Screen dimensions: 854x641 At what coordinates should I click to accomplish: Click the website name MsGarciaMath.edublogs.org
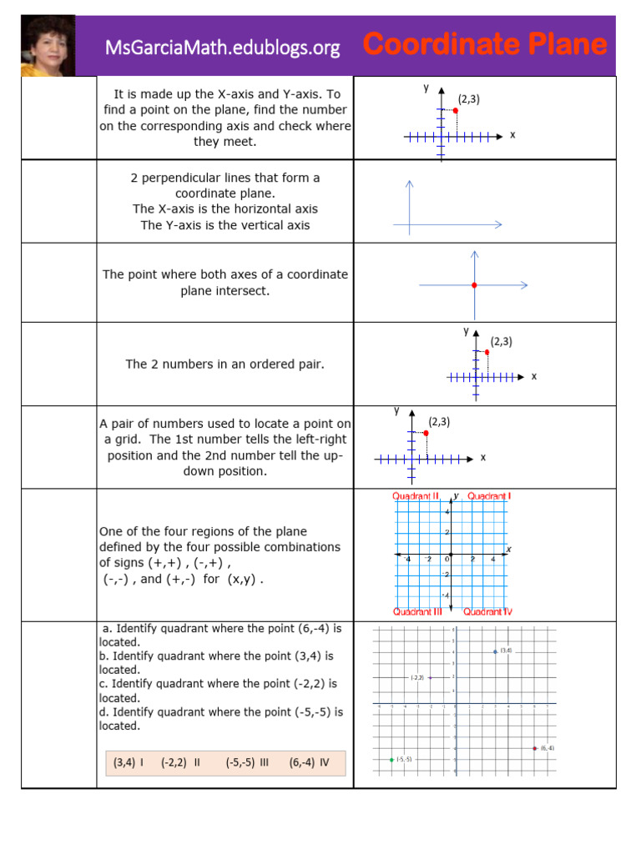pyautogui.click(x=223, y=48)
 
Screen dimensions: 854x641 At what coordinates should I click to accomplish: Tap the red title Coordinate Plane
pyautogui.click(x=485, y=45)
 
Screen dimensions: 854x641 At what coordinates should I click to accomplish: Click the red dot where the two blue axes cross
pyautogui.click(x=474, y=286)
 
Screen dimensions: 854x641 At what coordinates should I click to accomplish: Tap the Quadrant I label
pyautogui.click(x=489, y=496)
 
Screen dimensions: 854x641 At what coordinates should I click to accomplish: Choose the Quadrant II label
pyautogui.click(x=416, y=496)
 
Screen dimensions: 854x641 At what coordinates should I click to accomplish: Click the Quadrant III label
pyautogui.click(x=417, y=611)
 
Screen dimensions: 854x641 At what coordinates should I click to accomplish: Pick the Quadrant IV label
pyautogui.click(x=488, y=611)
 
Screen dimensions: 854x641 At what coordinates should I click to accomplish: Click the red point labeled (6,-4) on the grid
pyautogui.click(x=535, y=748)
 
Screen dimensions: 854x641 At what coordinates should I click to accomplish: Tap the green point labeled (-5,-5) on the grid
pyautogui.click(x=391, y=759)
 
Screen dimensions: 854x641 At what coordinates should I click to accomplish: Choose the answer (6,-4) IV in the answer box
pyautogui.click(x=309, y=761)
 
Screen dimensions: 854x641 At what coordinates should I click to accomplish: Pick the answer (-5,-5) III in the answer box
pyautogui.click(x=247, y=761)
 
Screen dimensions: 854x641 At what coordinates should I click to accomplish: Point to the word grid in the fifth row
pyautogui.click(x=124, y=440)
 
